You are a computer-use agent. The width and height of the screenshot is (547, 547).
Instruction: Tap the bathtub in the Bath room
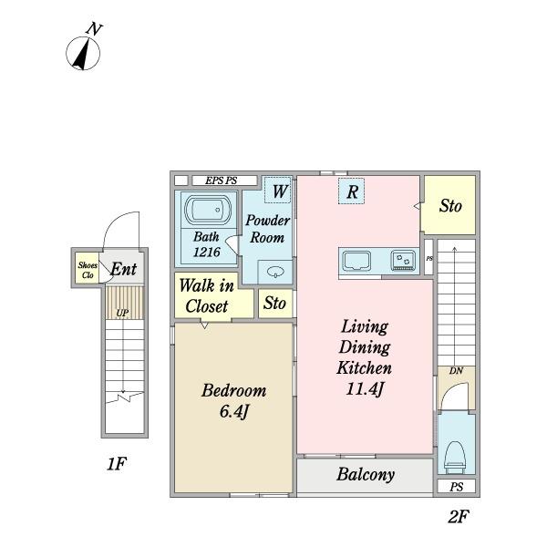click(207, 210)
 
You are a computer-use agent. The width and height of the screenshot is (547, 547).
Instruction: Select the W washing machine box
click(278, 191)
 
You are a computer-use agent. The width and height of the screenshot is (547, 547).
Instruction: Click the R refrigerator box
click(351, 191)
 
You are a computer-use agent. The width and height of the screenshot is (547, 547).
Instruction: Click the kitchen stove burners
click(404, 261)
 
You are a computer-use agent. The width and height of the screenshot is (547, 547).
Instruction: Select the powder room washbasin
click(275, 272)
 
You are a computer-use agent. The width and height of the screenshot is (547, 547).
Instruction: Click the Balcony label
click(366, 474)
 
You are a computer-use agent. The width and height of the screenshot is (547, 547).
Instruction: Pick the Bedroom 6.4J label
click(233, 400)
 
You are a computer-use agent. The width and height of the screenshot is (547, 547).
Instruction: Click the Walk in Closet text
click(207, 295)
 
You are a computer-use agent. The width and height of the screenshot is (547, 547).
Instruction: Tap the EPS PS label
click(222, 181)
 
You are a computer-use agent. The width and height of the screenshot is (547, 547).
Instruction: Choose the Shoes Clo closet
click(88, 267)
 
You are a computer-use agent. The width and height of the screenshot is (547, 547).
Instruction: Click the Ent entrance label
click(123, 269)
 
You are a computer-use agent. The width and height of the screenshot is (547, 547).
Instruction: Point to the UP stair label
click(122, 313)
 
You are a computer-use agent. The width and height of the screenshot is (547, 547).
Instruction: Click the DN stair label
click(456, 370)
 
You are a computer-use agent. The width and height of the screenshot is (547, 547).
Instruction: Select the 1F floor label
click(116, 464)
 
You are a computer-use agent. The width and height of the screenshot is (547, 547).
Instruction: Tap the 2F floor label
click(458, 517)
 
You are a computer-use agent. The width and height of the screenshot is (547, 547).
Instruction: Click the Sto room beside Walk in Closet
click(275, 304)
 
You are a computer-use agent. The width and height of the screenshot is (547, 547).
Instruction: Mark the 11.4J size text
click(365, 388)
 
